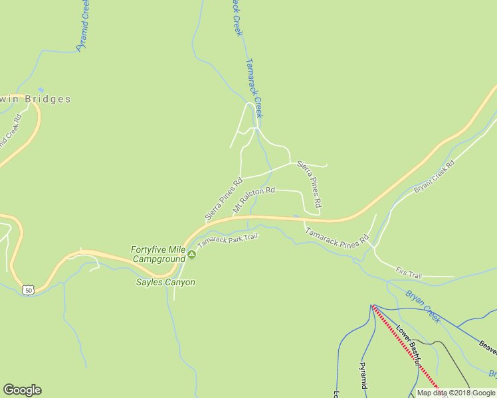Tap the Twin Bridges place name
[37, 99]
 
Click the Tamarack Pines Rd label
[337, 235]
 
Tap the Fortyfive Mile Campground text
[157, 254]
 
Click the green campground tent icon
[191, 254]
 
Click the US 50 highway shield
[27, 290]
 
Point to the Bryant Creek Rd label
[434, 176]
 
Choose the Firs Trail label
[409, 271]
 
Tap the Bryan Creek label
[423, 305]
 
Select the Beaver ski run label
[488, 346]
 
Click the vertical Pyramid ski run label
[363, 375]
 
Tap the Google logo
[22, 390]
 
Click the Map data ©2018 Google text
[456, 393]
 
